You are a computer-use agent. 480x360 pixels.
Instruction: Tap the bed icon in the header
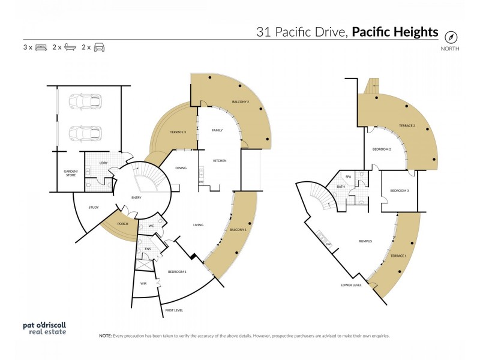click(x=41, y=47)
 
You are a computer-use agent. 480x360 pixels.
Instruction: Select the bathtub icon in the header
click(x=70, y=47)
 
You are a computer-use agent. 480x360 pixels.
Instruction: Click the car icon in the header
click(x=99, y=47)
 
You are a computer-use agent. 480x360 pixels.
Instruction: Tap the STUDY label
click(x=93, y=208)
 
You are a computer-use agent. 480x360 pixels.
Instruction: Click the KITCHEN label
click(x=219, y=161)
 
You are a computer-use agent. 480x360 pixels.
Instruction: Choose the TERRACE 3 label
click(x=178, y=131)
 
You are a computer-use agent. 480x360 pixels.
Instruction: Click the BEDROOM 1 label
click(x=178, y=272)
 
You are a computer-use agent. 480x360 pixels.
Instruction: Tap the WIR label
click(x=143, y=283)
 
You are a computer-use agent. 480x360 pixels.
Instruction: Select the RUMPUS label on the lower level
click(x=365, y=241)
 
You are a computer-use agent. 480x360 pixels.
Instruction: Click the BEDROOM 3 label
click(x=399, y=191)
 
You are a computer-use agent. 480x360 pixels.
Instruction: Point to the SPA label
click(x=348, y=176)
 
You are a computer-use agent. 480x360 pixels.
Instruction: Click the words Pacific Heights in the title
click(x=395, y=32)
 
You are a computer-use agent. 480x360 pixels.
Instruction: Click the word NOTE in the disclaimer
click(x=106, y=336)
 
